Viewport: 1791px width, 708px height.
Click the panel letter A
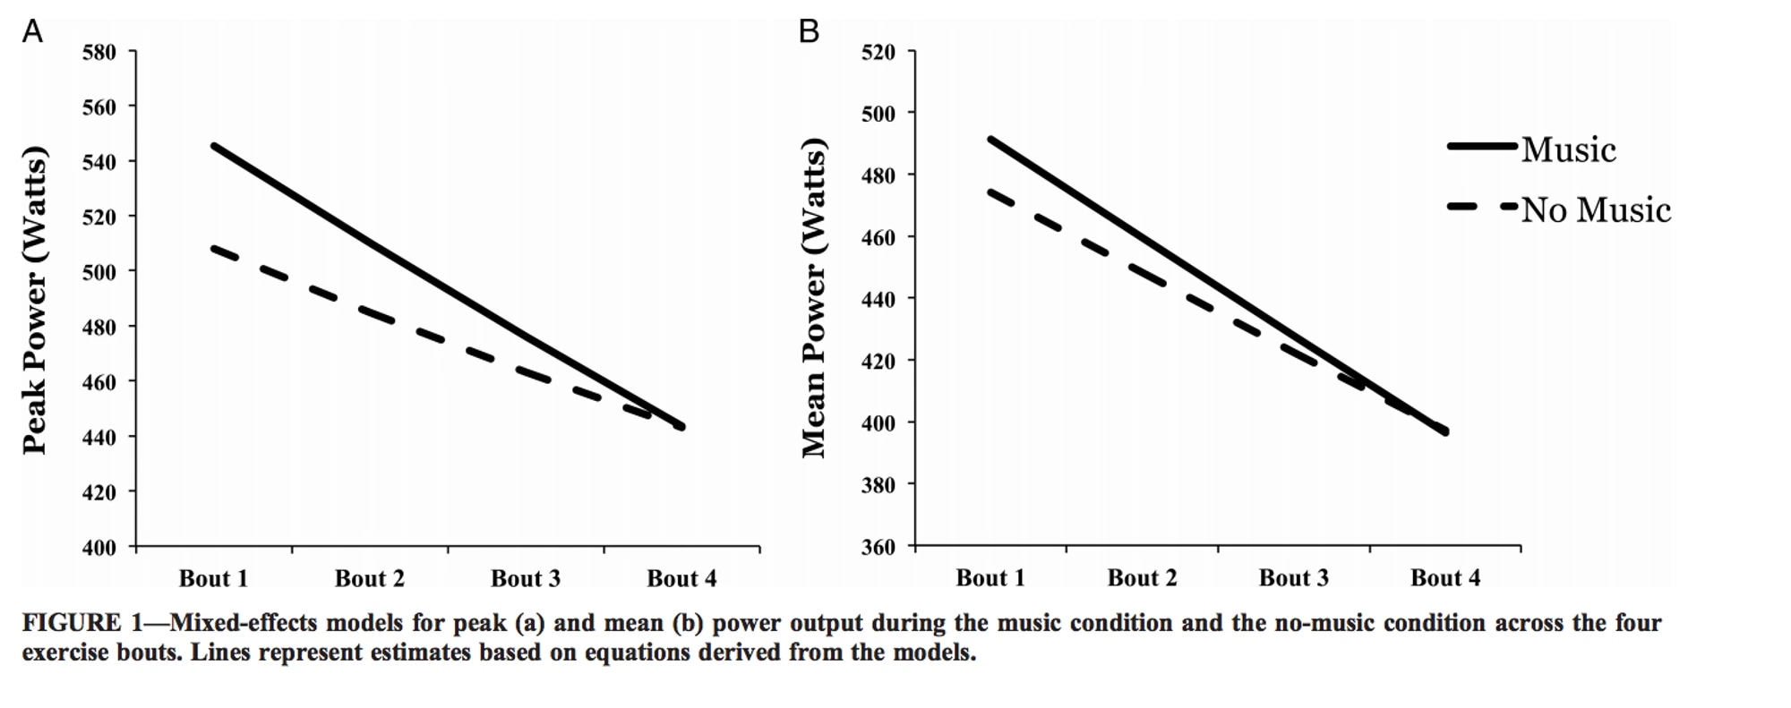coord(32,31)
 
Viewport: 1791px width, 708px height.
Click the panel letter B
coord(809,31)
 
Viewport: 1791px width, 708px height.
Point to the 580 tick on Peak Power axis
coord(99,52)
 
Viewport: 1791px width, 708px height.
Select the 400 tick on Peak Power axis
coord(99,547)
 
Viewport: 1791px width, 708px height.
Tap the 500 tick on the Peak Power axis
coord(99,272)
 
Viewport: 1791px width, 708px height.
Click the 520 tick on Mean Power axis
coord(878,52)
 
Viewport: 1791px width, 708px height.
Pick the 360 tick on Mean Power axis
coord(878,547)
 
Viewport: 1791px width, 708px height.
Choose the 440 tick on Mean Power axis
coord(878,299)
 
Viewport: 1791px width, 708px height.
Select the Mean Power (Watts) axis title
coord(813,298)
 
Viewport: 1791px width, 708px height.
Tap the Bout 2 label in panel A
coord(369,579)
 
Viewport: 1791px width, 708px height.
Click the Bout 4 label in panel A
coord(681,579)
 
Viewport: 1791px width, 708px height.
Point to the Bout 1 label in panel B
coord(990,578)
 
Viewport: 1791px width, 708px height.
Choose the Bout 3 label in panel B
coord(1293,578)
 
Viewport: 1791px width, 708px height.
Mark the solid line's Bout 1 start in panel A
coord(214,145)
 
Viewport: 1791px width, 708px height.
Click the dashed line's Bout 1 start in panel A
coord(214,248)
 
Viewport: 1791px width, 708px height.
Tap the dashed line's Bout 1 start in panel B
coord(990,191)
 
